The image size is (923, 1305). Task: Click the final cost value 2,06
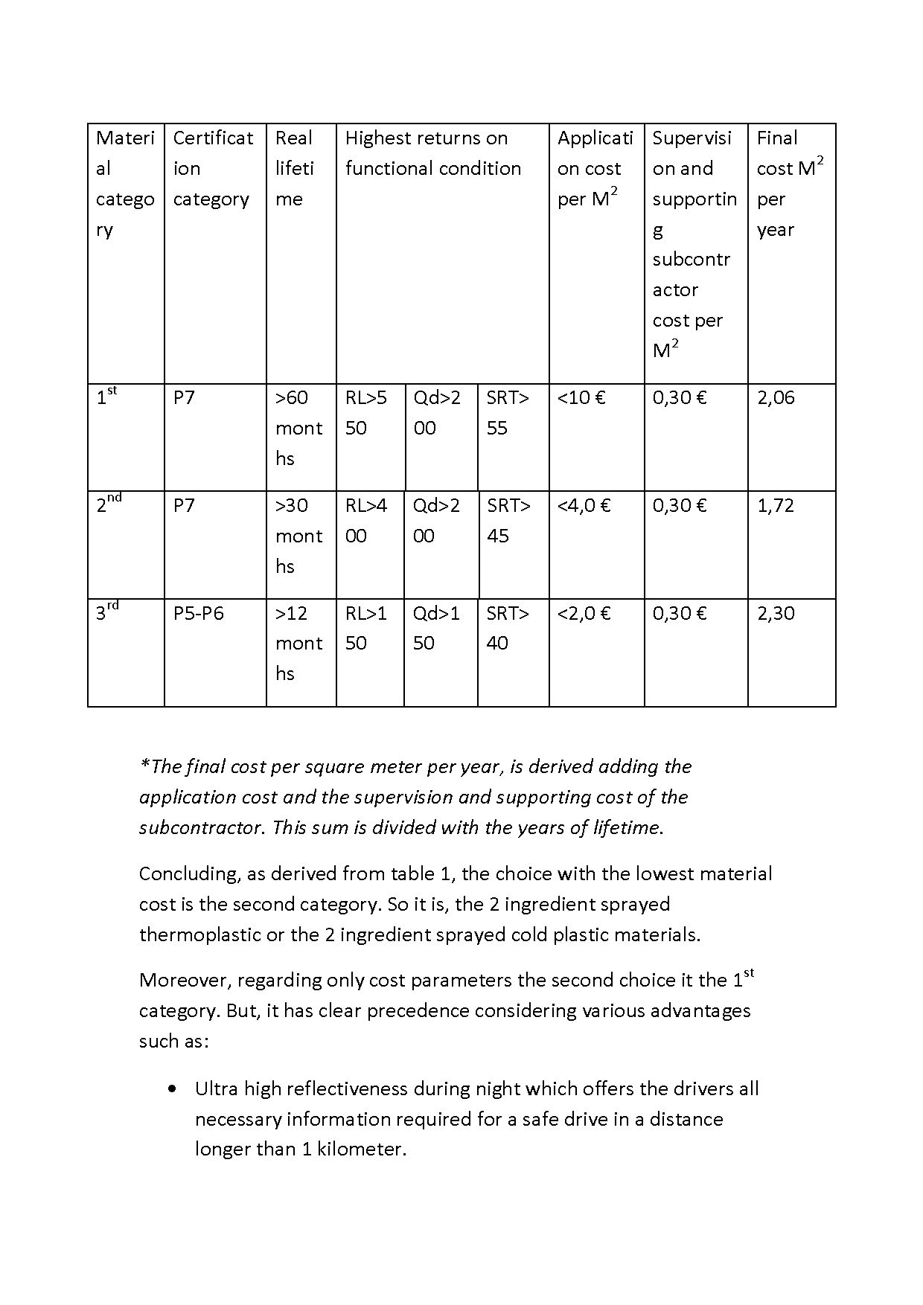point(776,398)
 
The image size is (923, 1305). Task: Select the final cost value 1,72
point(776,506)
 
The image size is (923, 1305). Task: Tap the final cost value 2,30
point(776,614)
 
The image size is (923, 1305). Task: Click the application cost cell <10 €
point(581,398)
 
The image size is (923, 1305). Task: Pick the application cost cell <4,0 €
point(584,506)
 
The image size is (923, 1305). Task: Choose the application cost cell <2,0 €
point(584,614)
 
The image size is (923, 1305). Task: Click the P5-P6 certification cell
point(198,614)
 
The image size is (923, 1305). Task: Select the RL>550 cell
point(366,413)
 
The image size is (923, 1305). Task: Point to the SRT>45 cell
point(508,521)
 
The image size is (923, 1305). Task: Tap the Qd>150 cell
point(437,628)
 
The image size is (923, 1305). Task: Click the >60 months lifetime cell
point(298,428)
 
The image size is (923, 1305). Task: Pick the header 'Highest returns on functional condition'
point(433,153)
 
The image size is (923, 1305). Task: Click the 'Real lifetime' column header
point(294,168)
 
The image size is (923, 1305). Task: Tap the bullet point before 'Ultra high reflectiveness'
point(173,1089)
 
